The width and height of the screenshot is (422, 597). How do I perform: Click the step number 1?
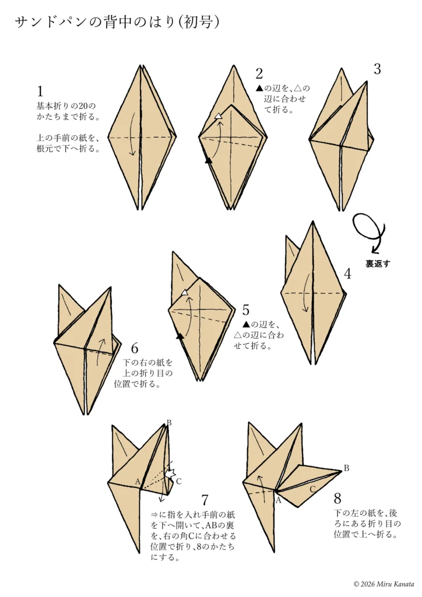coord(40,91)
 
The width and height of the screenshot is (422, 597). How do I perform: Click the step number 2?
coord(259,73)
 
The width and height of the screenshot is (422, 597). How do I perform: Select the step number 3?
coord(377,69)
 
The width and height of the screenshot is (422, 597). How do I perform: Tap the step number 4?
coord(348,273)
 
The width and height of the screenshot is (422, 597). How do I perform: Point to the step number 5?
coord(246,310)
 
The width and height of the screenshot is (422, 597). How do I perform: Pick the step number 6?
coord(135,349)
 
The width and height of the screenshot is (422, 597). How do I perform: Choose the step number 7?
coord(205,500)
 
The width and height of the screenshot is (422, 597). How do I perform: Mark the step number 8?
coord(338,498)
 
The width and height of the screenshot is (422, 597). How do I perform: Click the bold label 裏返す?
coord(378,264)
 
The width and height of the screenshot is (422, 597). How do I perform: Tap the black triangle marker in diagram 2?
coord(208,160)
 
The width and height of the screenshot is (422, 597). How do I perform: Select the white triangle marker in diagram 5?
coord(185,292)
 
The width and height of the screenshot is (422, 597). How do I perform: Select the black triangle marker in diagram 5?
coord(180,336)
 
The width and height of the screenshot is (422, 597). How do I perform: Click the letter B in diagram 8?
coord(346,468)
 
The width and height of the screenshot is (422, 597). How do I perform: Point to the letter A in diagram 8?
coord(278,500)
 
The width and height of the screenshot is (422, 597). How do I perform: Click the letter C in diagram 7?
coord(179,481)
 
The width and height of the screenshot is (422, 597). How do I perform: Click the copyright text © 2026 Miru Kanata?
coord(383,584)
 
